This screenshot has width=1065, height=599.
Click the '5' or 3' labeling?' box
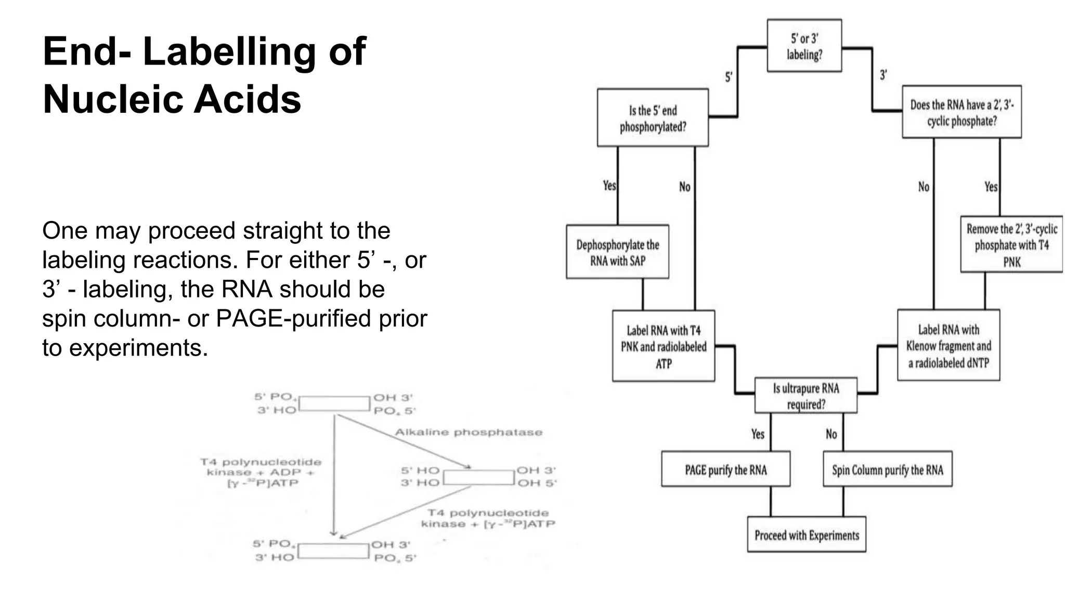[804, 46]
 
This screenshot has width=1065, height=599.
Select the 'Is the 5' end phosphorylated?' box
[653, 118]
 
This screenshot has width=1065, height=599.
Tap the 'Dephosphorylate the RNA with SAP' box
[617, 252]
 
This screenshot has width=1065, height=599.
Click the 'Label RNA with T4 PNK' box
[663, 346]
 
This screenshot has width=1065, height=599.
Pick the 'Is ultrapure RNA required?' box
[806, 396]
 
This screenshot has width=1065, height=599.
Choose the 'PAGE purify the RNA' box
[725, 470]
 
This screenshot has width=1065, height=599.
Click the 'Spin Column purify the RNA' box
[887, 470]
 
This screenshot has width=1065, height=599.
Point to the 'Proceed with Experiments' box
[807, 535]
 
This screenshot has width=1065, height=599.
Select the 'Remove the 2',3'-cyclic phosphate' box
[1011, 245]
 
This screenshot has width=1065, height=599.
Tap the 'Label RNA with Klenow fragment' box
[949, 346]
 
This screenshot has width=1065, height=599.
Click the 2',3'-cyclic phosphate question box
[962, 112]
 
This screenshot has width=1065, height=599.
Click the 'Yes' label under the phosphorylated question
[609, 185]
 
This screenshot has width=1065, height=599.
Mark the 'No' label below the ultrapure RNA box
[831, 434]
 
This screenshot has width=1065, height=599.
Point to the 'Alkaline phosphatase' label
[468, 432]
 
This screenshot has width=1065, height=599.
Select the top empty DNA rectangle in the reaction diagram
[334, 403]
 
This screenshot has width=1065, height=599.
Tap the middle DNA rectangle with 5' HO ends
[478, 477]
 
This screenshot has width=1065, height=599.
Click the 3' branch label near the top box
[883, 75]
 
